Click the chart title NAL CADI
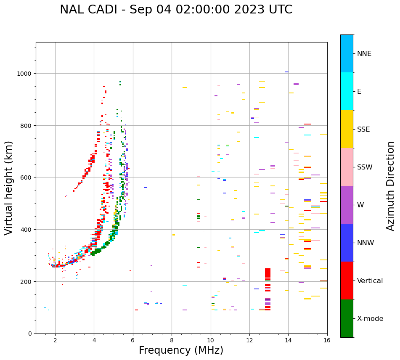pyautogui.click(x=176, y=10)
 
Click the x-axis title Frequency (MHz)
pyautogui.click(x=181, y=350)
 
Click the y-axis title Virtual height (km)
pyautogui.click(x=9, y=188)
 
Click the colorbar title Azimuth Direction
pyautogui.click(x=391, y=186)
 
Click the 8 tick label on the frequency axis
pyautogui.click(x=172, y=341)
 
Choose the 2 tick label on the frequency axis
pyautogui.click(x=55, y=341)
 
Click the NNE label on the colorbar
pyautogui.click(x=364, y=54)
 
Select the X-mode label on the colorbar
pyautogui.click(x=370, y=319)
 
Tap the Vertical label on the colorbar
pyautogui.click(x=370, y=281)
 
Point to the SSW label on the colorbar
pyautogui.click(x=365, y=167)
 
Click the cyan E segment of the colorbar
pyautogui.click(x=347, y=91)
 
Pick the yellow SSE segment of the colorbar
pyautogui.click(x=347, y=129)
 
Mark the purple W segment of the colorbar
pyautogui.click(x=347, y=205)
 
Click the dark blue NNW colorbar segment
pyautogui.click(x=347, y=243)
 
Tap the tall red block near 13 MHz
pyautogui.click(x=268, y=273)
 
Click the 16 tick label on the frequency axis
pyautogui.click(x=327, y=341)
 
